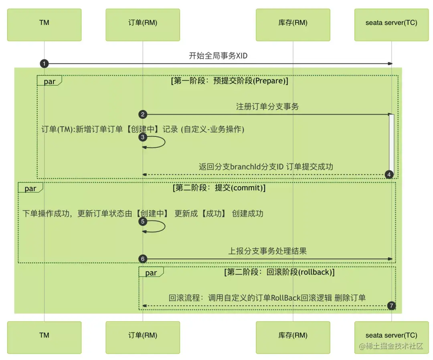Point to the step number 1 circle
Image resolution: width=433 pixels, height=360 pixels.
pyautogui.click(x=44, y=63)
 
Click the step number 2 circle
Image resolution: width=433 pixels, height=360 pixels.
pyautogui.click(x=142, y=114)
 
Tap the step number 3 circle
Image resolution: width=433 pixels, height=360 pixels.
pyautogui.click(x=142, y=137)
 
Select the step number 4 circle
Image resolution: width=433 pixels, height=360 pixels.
pyautogui.click(x=388, y=175)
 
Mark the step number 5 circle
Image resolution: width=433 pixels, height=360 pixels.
pyautogui.click(x=142, y=222)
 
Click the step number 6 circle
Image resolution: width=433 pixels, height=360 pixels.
pyautogui.click(x=142, y=259)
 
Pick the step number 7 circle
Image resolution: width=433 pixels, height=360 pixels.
pyautogui.click(x=392, y=306)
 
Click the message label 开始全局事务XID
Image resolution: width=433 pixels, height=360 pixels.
pyautogui.click(x=218, y=56)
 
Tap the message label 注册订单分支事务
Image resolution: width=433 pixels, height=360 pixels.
pyautogui.click(x=267, y=107)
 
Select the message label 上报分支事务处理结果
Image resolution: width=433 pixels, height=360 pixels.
pyautogui.click(x=267, y=251)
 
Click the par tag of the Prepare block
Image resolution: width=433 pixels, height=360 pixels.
pyautogui.click(x=49, y=81)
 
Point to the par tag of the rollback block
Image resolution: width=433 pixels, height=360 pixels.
pyautogui.click(x=151, y=273)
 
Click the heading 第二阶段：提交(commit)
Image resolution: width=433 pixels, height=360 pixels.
pyautogui.click(x=219, y=188)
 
